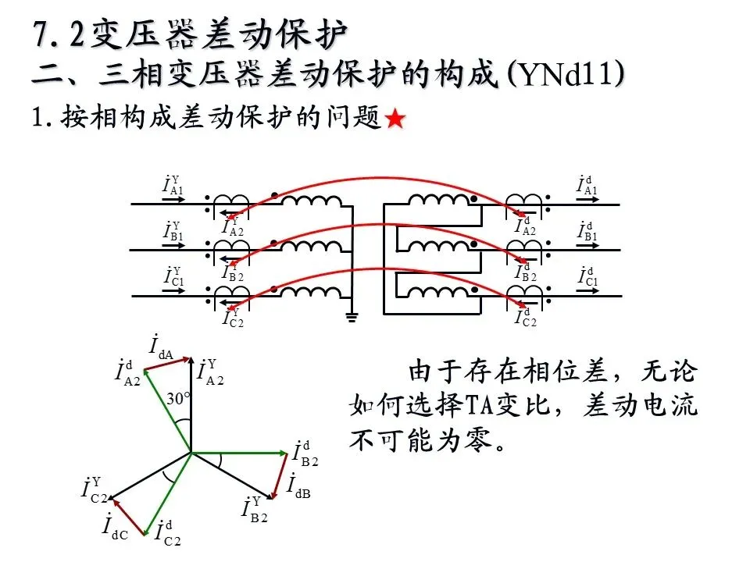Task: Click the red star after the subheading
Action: click(395, 119)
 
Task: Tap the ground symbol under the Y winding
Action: click(352, 318)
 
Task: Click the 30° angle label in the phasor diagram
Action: click(178, 398)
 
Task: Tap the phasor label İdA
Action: click(161, 347)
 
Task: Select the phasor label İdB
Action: click(298, 486)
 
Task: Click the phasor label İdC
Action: click(116, 527)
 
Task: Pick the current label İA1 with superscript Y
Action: click(173, 185)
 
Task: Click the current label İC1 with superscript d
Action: click(587, 276)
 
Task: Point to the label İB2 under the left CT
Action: click(234, 272)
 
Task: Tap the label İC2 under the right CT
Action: click(526, 318)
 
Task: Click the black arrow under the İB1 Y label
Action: click(173, 246)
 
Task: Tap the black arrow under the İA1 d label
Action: click(587, 199)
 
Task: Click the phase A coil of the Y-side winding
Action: click(312, 201)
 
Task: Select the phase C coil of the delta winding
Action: click(438, 292)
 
